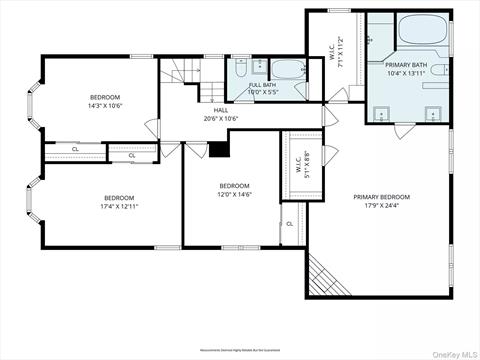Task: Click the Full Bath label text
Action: (x=263, y=85)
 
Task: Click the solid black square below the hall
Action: (x=220, y=149)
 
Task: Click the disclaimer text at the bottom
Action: (x=240, y=351)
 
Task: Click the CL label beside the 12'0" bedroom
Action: (x=289, y=223)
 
